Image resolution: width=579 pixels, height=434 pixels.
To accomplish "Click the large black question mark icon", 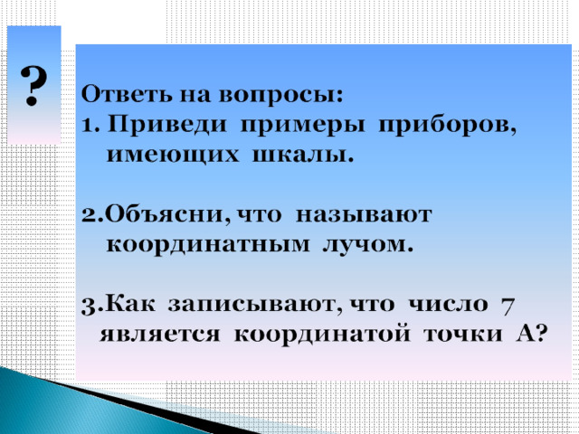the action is tap(33, 86).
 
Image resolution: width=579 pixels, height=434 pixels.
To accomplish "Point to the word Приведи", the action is tap(166, 125).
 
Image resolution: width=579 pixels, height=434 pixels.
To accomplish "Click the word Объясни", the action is tap(165, 214).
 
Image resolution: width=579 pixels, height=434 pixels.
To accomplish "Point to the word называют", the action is tap(364, 215).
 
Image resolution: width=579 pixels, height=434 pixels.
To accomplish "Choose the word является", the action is tap(160, 335).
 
